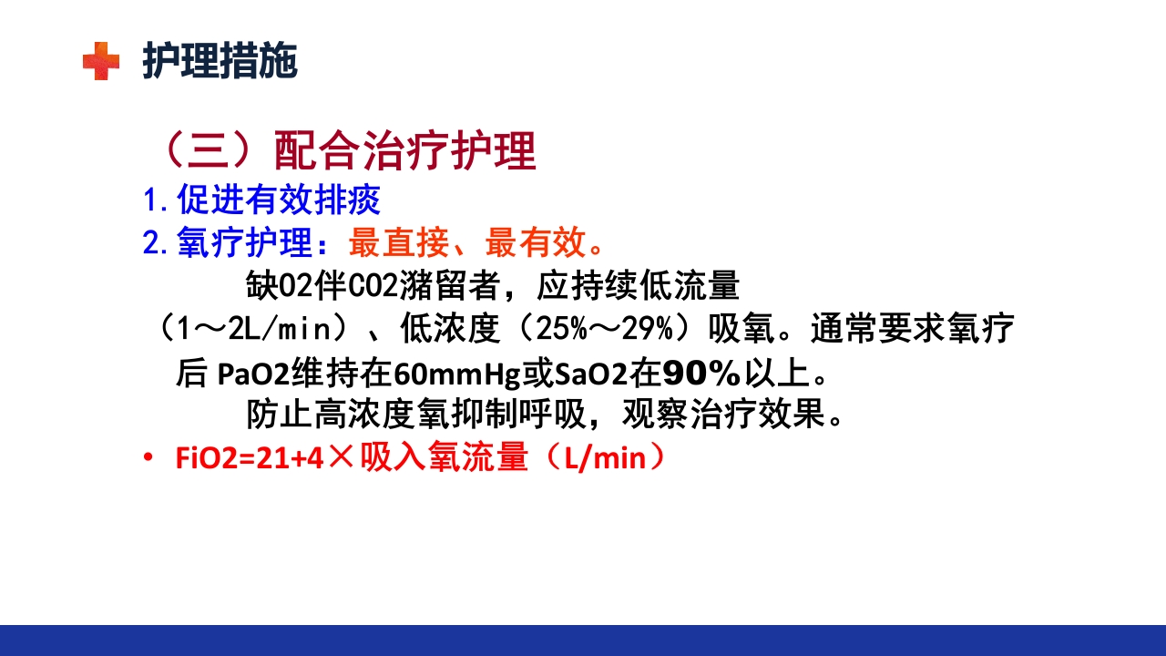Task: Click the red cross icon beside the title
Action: [x=101, y=62]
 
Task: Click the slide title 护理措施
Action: [x=220, y=62]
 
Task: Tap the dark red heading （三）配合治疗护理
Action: [x=345, y=150]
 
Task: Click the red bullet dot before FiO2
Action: [x=148, y=459]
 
